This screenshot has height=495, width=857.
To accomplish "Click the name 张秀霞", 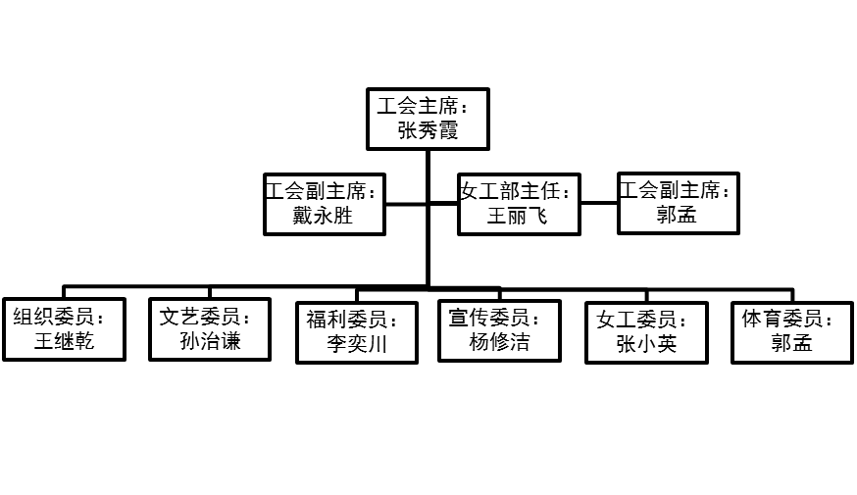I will tap(428, 131).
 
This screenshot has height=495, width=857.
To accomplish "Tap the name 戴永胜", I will tap(323, 216).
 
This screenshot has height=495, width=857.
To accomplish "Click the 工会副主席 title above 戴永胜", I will tap(321, 191).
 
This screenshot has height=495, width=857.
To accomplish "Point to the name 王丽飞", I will tap(518, 217).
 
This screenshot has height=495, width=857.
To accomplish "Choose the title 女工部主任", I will tap(516, 191).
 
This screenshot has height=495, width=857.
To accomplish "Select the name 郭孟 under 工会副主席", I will tap(677, 216).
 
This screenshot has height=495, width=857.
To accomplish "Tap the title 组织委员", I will tap(59, 317).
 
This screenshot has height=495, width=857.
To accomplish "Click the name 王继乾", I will tap(65, 342).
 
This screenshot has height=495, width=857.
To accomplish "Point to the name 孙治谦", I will tap(211, 341).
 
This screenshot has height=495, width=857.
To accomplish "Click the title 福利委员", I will tap(352, 320).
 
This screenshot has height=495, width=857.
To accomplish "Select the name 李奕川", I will tap(358, 344).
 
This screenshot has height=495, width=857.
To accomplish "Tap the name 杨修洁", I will tap(500, 342).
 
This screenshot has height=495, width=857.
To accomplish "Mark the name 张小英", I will tap(647, 344).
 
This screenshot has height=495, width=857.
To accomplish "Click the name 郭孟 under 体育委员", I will tap(791, 344).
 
